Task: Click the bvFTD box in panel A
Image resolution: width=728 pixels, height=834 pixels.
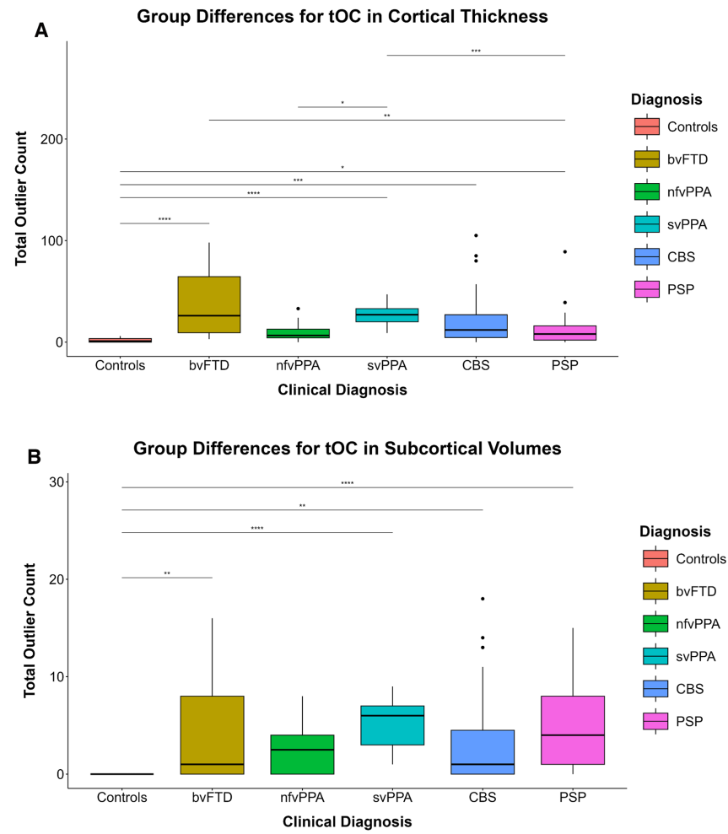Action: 208,304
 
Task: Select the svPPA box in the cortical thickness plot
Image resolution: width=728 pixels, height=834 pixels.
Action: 386,315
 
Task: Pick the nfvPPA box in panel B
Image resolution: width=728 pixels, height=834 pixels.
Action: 301,754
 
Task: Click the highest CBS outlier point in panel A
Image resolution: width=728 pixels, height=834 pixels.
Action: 476,235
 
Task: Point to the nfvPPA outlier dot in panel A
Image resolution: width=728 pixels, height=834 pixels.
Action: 298,309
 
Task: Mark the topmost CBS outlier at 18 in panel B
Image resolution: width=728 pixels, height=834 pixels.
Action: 483,599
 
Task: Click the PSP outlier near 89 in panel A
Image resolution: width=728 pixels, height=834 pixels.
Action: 564,251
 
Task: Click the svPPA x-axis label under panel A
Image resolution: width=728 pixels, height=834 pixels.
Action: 386,366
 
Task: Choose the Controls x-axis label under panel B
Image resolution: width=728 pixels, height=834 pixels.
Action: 122,797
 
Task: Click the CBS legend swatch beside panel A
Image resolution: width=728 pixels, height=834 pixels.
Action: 647,256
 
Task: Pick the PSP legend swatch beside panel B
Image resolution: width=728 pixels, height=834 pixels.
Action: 655,721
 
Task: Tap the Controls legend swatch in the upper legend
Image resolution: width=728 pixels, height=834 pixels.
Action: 647,126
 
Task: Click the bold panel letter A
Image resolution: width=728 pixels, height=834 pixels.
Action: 41,31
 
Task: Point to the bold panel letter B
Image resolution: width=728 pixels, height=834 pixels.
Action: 35,457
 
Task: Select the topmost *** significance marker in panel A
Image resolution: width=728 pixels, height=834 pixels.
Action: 476,51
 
